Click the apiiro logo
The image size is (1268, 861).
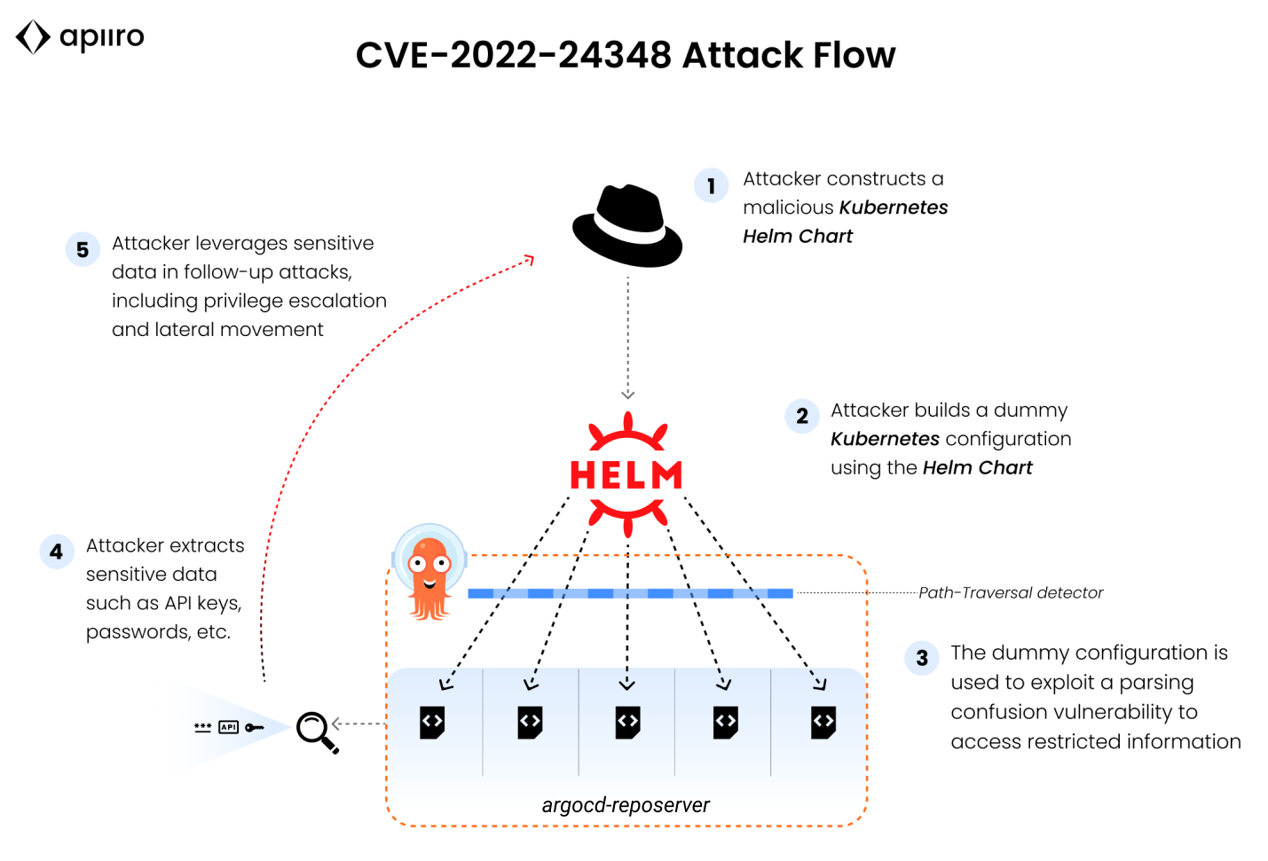(80, 37)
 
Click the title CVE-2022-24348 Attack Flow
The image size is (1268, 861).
(626, 55)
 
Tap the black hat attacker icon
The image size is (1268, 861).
(627, 226)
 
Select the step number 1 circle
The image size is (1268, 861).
(711, 186)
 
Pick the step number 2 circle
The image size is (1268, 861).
(802, 417)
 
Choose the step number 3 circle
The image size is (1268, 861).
(922, 658)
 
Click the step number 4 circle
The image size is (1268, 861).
(57, 552)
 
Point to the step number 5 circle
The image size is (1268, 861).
(83, 250)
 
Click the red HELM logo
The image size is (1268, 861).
(627, 474)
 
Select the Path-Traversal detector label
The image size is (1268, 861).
(1011, 593)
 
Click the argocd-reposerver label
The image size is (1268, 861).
(626, 805)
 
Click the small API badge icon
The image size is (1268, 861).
(229, 727)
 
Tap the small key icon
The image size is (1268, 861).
(255, 727)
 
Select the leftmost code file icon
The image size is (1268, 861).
(432, 722)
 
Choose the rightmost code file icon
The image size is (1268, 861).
(823, 722)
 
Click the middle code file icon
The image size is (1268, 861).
(627, 722)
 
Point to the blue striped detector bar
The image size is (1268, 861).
(630, 593)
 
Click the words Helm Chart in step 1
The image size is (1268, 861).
(798, 237)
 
